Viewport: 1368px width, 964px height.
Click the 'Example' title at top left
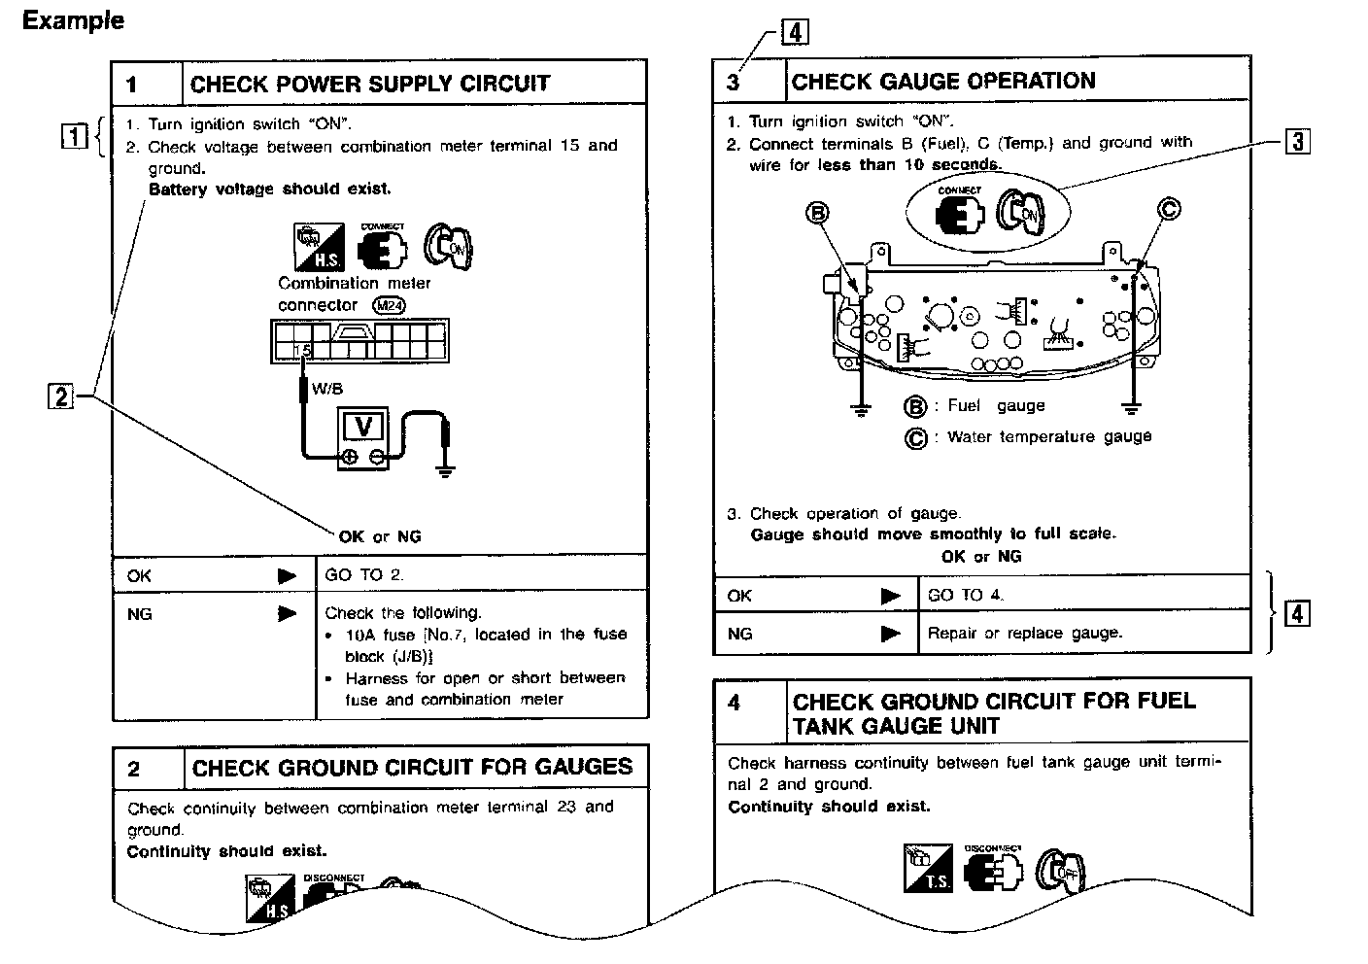[x=73, y=20]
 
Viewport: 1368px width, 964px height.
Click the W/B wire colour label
[x=326, y=389]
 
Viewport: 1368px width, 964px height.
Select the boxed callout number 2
[x=60, y=396]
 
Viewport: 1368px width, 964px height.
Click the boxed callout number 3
[x=1297, y=142]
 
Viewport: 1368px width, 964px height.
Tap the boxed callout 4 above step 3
[x=794, y=34]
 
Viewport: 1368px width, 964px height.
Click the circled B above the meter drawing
[x=819, y=213]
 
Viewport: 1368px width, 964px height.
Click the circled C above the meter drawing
[x=1169, y=208]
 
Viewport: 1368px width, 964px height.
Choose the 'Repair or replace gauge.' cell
[x=1025, y=633]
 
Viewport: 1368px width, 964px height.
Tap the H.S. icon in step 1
[x=319, y=247]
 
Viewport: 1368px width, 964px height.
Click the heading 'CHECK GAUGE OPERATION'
[x=942, y=82]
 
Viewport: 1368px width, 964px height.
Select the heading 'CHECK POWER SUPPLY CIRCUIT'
[x=370, y=84]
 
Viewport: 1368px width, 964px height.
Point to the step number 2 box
[x=134, y=770]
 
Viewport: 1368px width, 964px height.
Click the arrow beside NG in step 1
[x=287, y=614]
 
